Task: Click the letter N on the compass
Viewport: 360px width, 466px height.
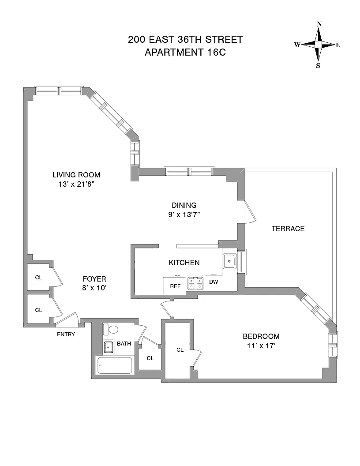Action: point(319,24)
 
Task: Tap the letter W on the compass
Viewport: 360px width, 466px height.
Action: point(297,45)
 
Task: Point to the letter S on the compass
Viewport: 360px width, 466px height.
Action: point(318,66)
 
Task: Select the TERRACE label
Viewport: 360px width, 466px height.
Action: point(288,229)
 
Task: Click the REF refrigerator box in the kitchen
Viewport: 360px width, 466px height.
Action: point(175,286)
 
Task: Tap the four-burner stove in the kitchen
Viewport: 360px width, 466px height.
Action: point(195,283)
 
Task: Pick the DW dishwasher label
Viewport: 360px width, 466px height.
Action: point(214,282)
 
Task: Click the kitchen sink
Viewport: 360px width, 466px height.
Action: point(229,261)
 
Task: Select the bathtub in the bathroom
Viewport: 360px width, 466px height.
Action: point(115,365)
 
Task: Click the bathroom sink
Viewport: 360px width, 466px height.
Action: point(109,347)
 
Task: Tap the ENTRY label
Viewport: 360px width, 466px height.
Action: point(66,334)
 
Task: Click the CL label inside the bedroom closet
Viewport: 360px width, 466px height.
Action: point(180,350)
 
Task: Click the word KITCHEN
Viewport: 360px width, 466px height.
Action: point(184,263)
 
